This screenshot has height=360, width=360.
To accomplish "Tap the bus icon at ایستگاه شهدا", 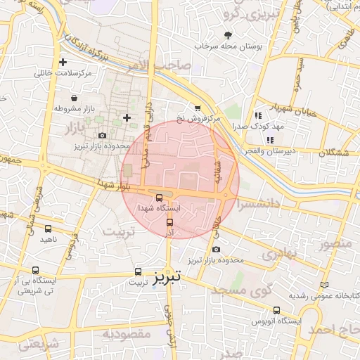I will pos(160,198).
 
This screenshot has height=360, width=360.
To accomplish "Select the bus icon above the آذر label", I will pos(169,221).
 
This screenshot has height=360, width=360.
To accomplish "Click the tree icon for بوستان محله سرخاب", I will pos(227,34).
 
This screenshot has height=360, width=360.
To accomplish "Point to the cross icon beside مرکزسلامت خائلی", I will pos(63,63).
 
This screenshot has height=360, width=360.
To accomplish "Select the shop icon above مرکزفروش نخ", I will pos(197,108).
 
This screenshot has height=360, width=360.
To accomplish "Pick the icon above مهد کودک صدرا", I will pos(258,115).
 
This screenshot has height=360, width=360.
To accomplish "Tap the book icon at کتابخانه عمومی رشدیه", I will pos(324,285).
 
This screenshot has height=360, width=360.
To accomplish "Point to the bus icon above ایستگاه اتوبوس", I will pos(276,309).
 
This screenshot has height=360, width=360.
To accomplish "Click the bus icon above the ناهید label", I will pos(48,229).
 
